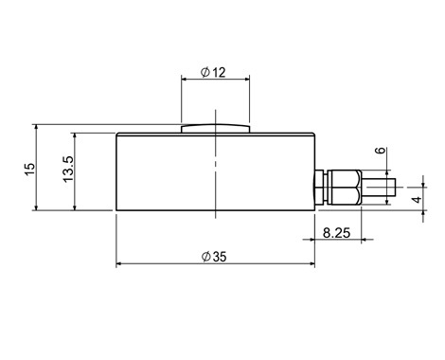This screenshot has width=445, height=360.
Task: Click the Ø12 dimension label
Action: pos(213,72)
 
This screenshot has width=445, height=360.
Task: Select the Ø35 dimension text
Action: pos(214,257)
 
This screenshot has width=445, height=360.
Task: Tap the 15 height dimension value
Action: pos(29,169)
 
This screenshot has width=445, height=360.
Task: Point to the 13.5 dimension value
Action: pos(68,169)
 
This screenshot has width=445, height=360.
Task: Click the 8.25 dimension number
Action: pos(336,233)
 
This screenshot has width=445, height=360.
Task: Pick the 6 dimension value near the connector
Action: pos(382,150)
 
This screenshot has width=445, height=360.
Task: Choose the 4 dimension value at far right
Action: pos(418,200)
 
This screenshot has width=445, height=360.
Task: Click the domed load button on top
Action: pos(216,128)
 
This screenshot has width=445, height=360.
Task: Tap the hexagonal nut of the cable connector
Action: pos(345,188)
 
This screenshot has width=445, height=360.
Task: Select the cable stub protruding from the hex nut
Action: pos(379,188)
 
